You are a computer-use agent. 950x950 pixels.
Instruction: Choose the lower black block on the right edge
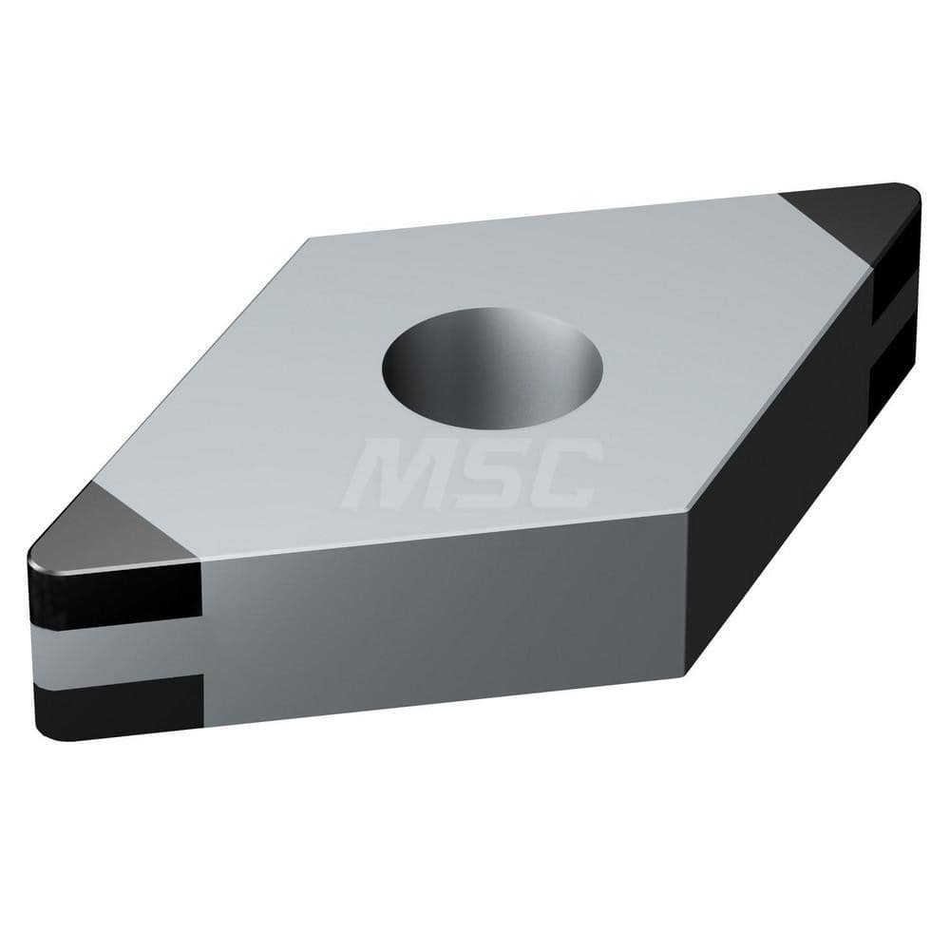[893, 380]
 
